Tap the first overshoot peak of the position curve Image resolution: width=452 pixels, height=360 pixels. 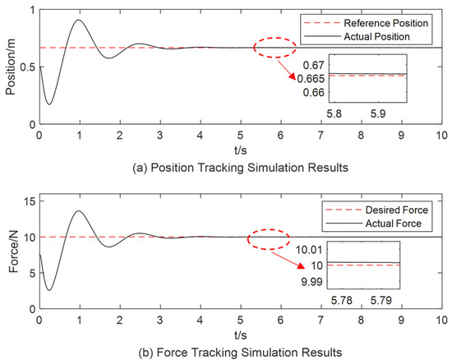pos(79,20)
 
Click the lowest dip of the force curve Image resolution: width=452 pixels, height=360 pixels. pos(49,289)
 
